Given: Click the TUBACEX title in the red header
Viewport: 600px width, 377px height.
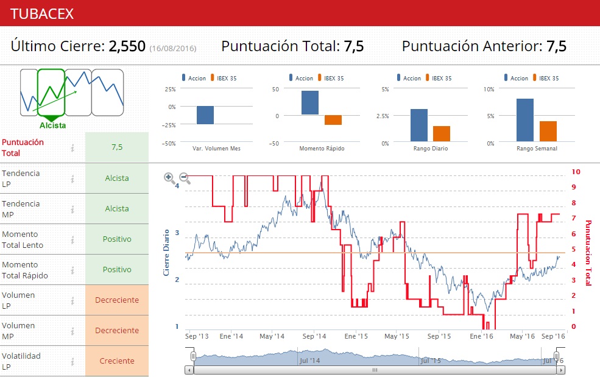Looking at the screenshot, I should click(x=42, y=13).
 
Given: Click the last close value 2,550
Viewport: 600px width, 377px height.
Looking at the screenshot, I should click(x=127, y=46).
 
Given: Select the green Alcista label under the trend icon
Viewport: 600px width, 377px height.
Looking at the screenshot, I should click(x=52, y=125).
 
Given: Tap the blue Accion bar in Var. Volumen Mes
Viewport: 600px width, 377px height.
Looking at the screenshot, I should click(x=205, y=115).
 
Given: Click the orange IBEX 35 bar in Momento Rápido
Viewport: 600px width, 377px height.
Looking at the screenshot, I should click(x=333, y=120).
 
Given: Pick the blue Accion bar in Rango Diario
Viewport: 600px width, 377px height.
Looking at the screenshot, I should click(x=418, y=125).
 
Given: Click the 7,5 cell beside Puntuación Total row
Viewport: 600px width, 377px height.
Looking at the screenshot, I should click(x=117, y=147).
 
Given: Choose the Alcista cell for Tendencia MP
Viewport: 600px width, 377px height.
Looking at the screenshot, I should click(x=117, y=208).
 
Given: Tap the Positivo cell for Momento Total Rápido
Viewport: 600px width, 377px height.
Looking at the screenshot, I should click(x=117, y=269).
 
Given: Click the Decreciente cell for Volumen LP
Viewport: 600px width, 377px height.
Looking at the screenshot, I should click(x=117, y=300).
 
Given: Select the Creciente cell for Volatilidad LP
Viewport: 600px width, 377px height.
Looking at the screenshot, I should click(x=117, y=361).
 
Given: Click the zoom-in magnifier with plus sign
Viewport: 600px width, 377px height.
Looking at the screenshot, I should click(x=169, y=178).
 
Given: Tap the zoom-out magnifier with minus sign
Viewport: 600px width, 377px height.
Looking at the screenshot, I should click(x=185, y=178).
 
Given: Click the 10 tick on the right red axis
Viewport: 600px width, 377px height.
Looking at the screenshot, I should click(x=576, y=172).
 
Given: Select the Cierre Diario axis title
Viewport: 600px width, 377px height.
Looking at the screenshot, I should click(x=166, y=252).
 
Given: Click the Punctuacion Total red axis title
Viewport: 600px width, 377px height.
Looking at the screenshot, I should click(x=588, y=253).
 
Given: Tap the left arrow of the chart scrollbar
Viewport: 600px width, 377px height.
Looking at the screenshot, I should click(x=189, y=370).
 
